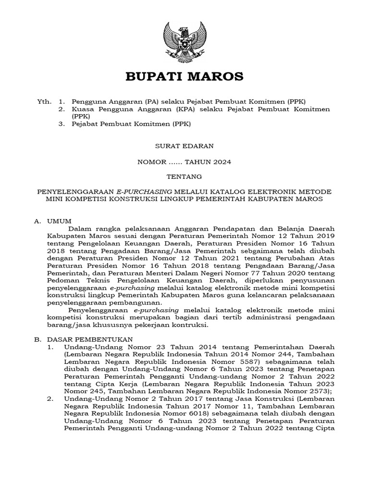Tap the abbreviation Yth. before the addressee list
(x=44, y=102)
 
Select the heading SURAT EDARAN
(x=184, y=145)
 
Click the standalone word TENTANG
(x=184, y=176)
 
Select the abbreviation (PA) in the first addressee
(x=136, y=102)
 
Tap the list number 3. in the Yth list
(x=61, y=124)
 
